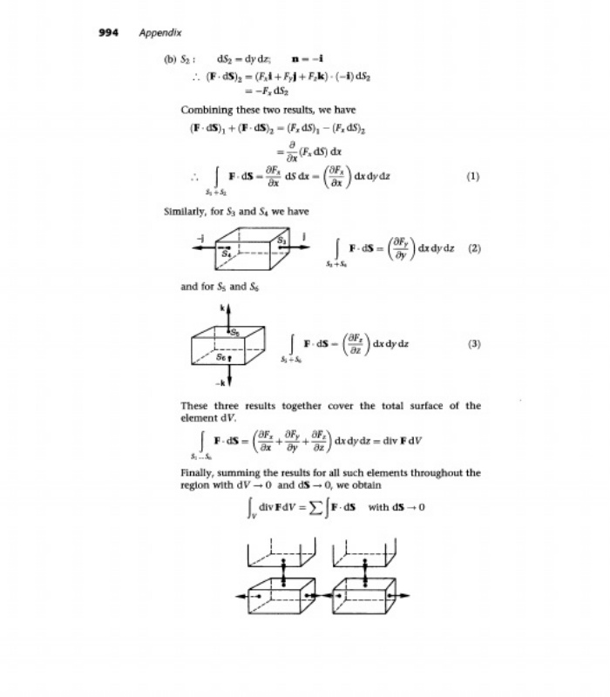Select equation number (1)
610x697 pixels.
pos(473,175)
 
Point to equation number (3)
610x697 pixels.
pos(473,343)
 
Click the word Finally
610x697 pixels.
pos(197,473)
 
